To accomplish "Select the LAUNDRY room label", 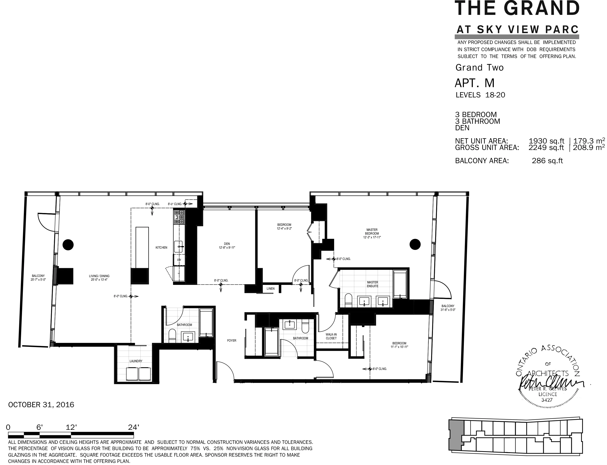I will [136, 361].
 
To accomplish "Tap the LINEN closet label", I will [270, 289].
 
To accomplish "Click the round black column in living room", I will [68, 245].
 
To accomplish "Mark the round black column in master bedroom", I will [415, 244].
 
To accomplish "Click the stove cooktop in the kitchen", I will [179, 217].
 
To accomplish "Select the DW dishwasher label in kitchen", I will [179, 260].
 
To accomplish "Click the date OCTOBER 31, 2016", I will [41, 405].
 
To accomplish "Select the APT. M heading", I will [474, 83].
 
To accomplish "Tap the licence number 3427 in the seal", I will [547, 400].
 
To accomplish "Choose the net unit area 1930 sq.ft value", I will [546, 141].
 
